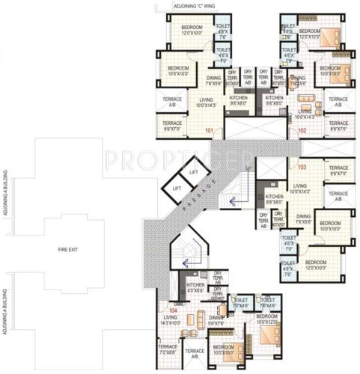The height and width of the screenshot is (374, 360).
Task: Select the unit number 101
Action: [x=209, y=131]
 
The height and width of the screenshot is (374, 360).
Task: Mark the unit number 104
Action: [x=173, y=309]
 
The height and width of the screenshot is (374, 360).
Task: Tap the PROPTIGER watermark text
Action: [x=180, y=159]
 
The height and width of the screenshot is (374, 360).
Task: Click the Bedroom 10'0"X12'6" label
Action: [x=267, y=319]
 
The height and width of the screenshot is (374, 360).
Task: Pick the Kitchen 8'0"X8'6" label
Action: [x=195, y=287]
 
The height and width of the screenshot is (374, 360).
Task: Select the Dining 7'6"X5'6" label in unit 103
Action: [x=302, y=220]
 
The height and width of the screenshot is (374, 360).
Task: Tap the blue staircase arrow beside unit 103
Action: [x=233, y=200]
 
